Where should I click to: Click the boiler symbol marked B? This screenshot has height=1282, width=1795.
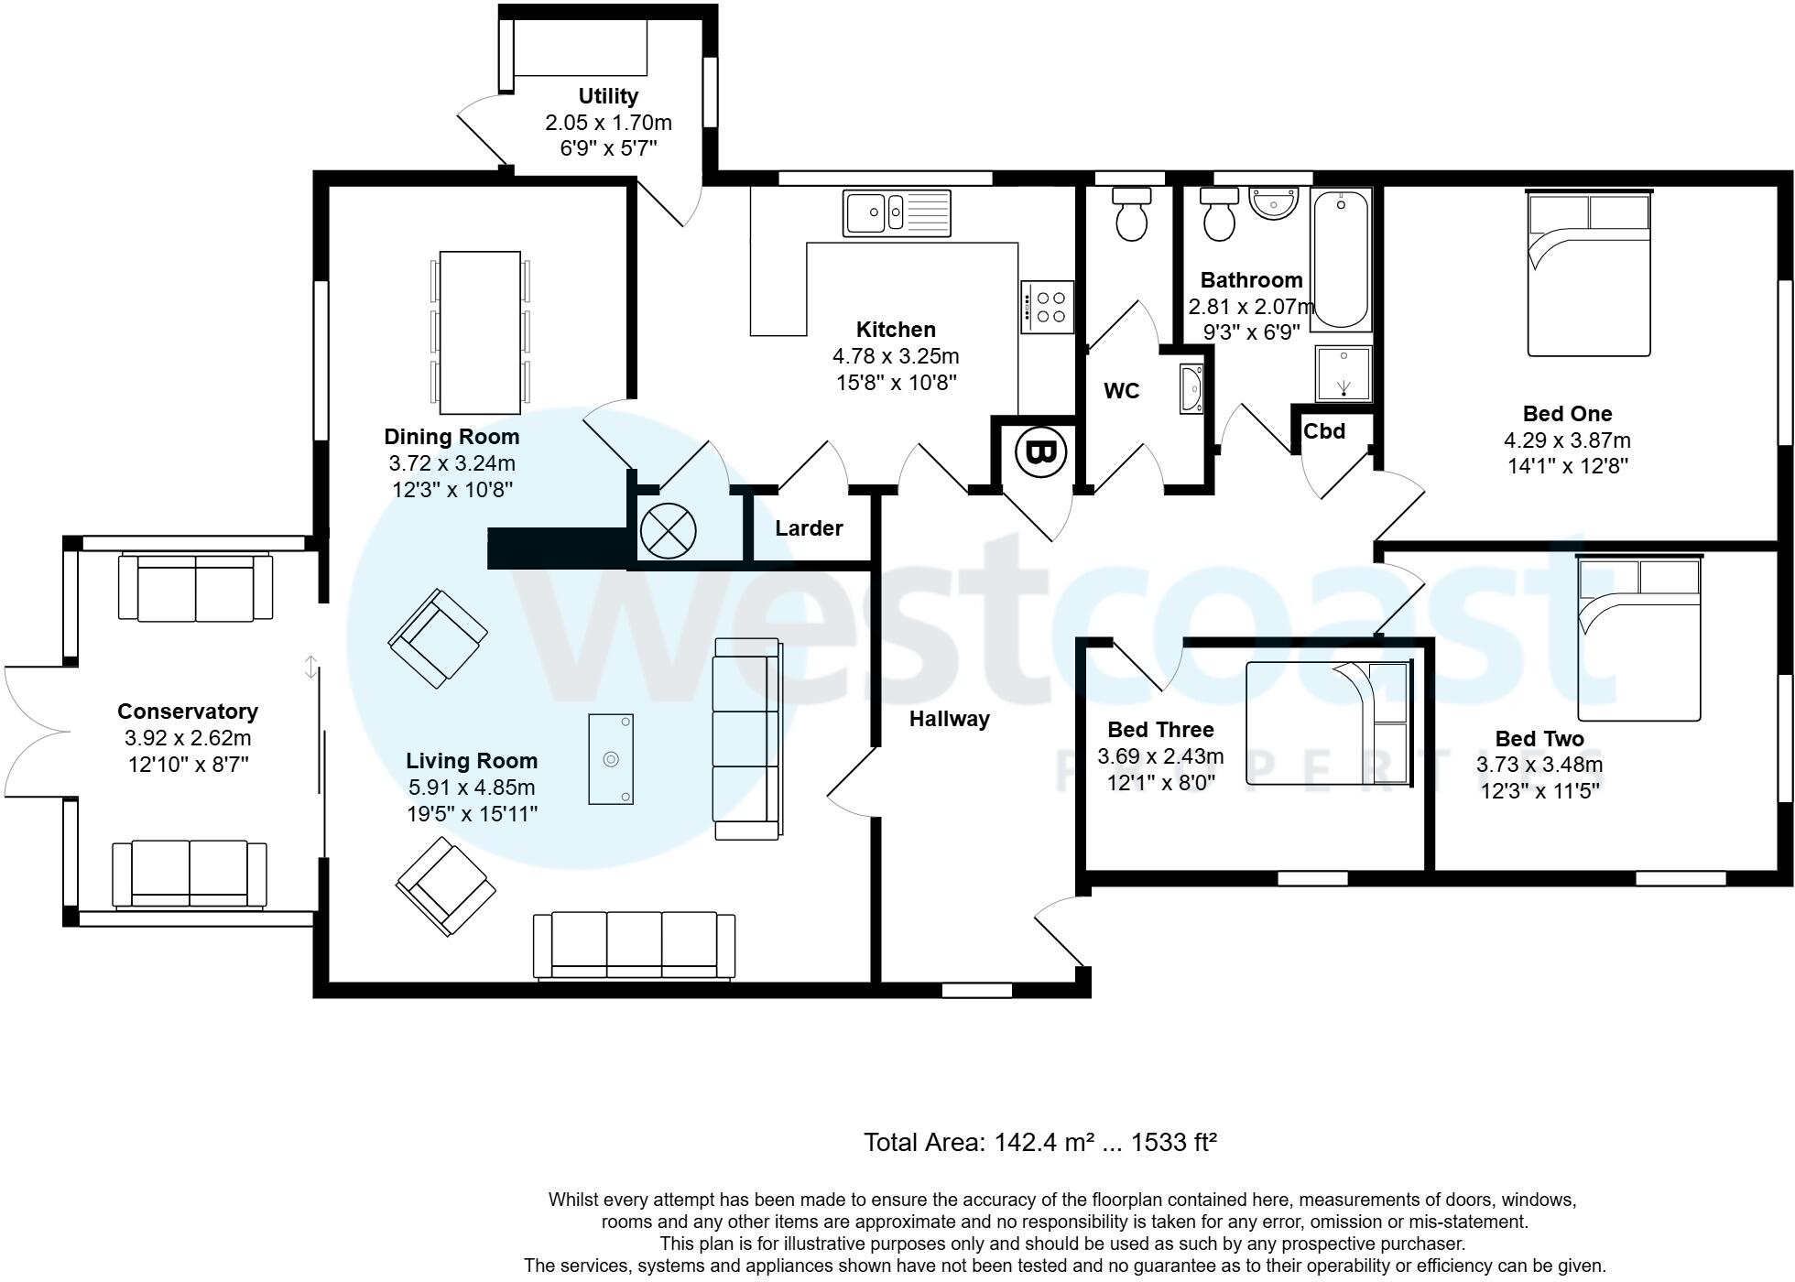click(x=1041, y=451)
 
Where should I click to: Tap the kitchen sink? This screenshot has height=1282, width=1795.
click(x=897, y=212)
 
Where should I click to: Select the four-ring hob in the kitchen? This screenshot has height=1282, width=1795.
click(x=1047, y=307)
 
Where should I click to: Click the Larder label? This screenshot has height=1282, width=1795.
click(x=809, y=528)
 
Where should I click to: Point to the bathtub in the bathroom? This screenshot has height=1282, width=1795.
click(x=1341, y=259)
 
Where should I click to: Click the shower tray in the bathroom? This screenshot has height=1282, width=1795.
click(x=1344, y=374)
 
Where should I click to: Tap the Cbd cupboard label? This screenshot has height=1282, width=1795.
click(x=1324, y=430)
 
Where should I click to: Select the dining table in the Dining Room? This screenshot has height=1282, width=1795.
click(x=480, y=332)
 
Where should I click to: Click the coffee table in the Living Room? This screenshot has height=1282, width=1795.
click(x=611, y=759)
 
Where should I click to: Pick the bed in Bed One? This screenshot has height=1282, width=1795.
click(x=1589, y=272)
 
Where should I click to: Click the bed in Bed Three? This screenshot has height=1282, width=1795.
click(x=1328, y=723)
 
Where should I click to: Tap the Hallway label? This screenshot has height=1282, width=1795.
click(x=950, y=719)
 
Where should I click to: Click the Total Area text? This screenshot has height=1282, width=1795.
click(x=1040, y=1142)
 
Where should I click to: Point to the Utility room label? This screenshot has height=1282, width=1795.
click(x=608, y=96)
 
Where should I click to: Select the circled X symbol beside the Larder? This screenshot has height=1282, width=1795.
click(x=668, y=530)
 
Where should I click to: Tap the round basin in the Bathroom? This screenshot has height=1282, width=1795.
click(x=1274, y=204)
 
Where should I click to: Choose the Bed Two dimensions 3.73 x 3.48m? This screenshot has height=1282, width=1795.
click(x=1539, y=765)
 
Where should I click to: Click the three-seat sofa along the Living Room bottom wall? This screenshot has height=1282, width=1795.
click(x=634, y=945)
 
